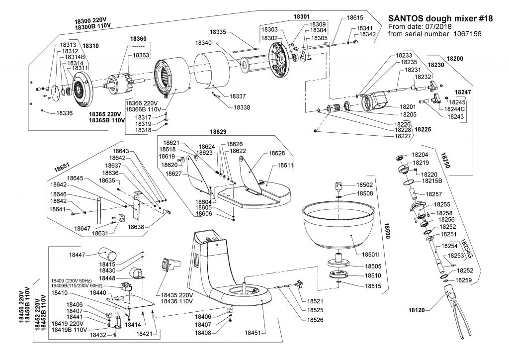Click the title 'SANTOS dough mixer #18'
coord(439,18)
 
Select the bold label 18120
coord(418,310)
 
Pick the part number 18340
coord(205,43)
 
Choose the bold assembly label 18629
coord(218,132)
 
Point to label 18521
coord(315,301)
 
